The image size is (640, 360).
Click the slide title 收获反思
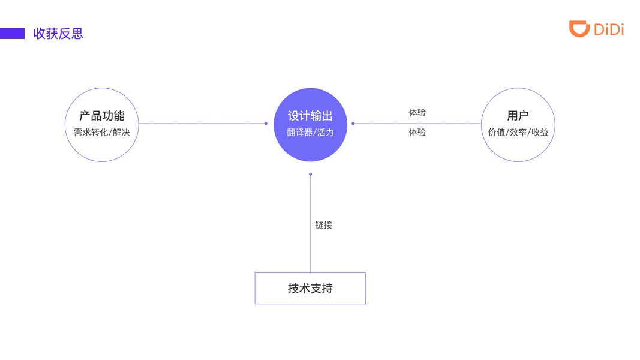click(58, 34)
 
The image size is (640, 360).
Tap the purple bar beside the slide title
click(12, 34)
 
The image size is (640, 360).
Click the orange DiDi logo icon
click(579, 28)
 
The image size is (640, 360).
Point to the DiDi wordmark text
click(609, 29)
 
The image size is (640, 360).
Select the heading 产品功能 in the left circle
click(102, 116)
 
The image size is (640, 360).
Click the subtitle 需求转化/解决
click(102, 132)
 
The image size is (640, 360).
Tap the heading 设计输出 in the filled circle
click(310, 116)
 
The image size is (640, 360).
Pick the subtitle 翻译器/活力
click(310, 132)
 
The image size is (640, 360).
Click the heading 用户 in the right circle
click(518, 116)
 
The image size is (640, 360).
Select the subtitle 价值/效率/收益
click(518, 132)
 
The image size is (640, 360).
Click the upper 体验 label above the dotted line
click(417, 113)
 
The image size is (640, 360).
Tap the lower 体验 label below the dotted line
click(417, 132)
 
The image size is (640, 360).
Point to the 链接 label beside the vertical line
click(324, 225)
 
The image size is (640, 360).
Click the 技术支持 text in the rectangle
click(310, 289)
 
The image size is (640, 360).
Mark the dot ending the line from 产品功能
click(266, 124)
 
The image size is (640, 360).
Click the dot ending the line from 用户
click(353, 124)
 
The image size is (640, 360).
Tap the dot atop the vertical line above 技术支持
click(310, 174)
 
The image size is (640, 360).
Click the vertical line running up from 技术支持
click(310, 240)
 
